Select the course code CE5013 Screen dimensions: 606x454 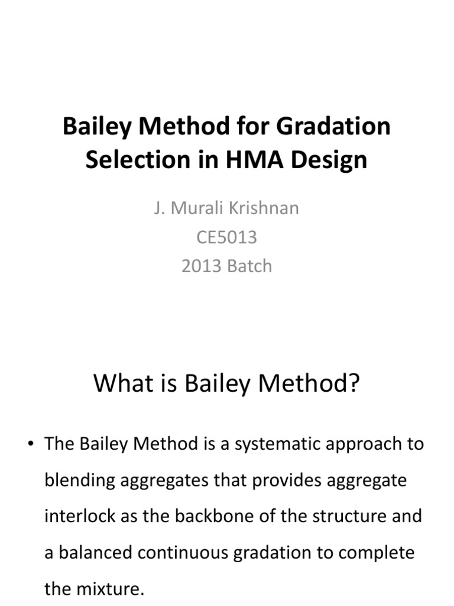click(227, 237)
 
